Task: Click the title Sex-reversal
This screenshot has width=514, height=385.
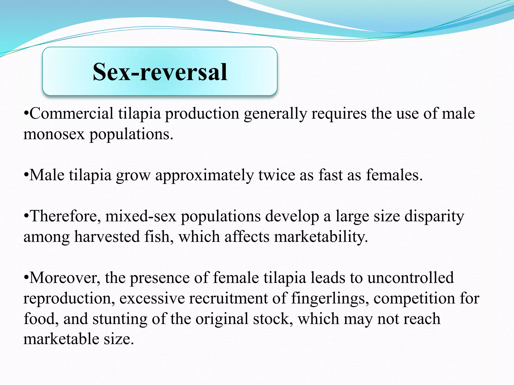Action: tap(160, 72)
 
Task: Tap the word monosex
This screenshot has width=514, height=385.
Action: tap(54, 134)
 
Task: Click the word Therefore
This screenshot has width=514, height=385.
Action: tap(65, 216)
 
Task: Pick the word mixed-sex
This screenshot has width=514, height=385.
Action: tap(141, 216)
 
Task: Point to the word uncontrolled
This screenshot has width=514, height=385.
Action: tap(411, 278)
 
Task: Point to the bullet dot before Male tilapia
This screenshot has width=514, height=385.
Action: tap(26, 175)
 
